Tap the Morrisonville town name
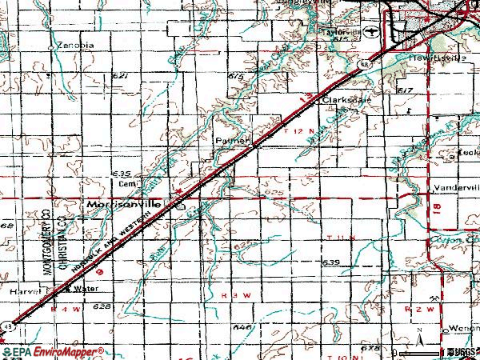122,205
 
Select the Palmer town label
229,139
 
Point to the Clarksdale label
343,102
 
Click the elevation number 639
331,262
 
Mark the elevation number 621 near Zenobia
121,76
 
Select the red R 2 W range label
417,307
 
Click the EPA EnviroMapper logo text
53,351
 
